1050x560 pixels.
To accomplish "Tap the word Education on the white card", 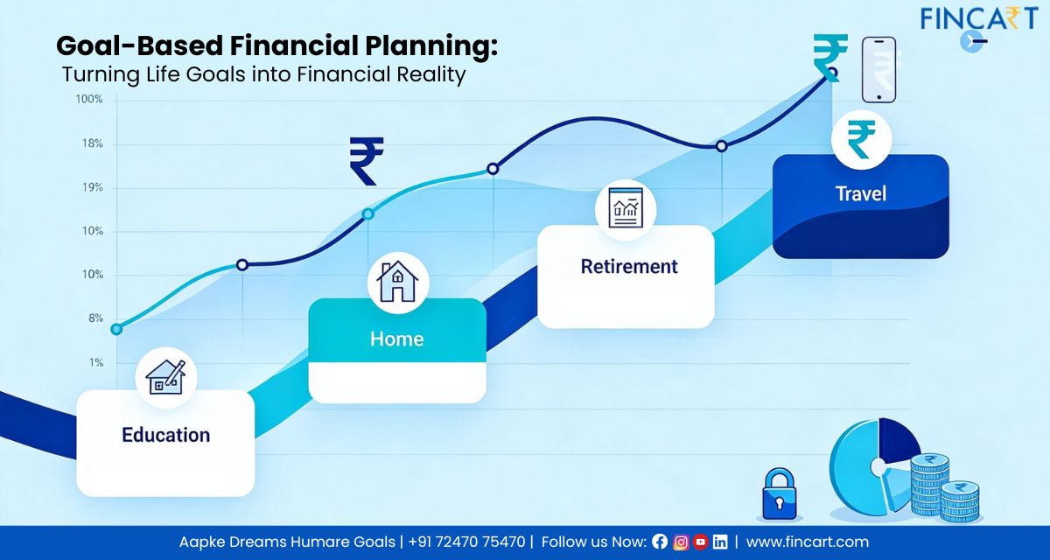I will point(165,435).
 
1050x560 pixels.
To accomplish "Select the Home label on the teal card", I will point(396,339).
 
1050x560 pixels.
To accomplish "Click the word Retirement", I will point(629,266).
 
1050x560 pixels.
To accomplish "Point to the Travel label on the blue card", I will point(860,193).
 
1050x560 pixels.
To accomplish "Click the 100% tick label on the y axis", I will point(89,100).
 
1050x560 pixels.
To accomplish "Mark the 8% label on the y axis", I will point(94,318).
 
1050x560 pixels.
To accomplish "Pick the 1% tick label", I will point(95,362).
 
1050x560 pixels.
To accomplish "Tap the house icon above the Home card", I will point(397,281).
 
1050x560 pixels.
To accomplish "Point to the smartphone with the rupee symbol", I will point(878,70).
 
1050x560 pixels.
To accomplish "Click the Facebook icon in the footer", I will point(660,542).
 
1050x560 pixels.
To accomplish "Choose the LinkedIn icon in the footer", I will point(720,542).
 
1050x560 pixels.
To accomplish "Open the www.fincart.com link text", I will point(807,542).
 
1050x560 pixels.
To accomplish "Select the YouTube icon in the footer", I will point(700,542).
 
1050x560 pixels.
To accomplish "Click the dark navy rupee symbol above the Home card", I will point(366,161).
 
